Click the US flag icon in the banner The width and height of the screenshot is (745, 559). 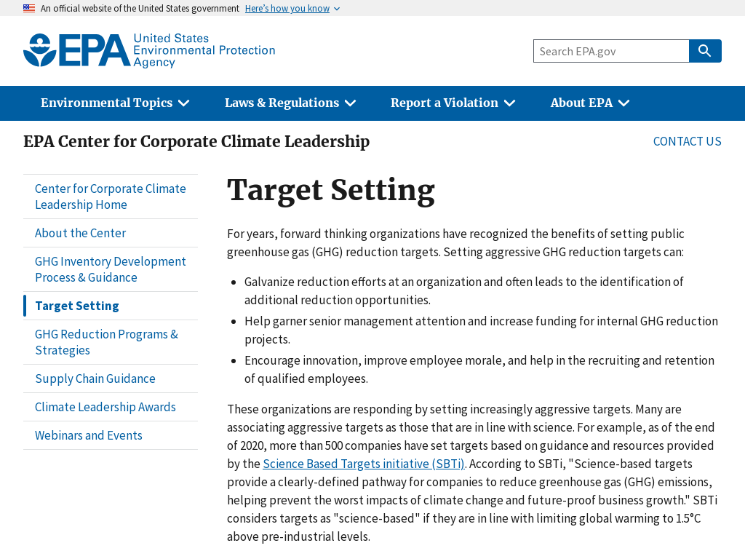tap(29, 9)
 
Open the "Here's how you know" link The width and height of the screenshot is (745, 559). tap(287, 9)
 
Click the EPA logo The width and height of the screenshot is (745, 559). tap(149, 50)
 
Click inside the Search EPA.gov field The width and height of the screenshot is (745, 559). tap(611, 51)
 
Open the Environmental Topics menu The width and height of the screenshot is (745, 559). tap(115, 103)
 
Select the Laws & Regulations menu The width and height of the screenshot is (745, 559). tap(290, 103)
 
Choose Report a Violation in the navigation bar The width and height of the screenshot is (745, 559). tap(453, 103)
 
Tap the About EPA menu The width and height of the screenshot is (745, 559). tap(589, 103)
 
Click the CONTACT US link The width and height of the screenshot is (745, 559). tap(687, 141)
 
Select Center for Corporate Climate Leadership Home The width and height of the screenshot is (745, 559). tap(111, 197)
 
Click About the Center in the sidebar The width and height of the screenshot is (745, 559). tap(80, 233)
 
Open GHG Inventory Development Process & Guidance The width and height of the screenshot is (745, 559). tap(111, 269)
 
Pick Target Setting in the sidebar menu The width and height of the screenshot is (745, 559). tap(77, 306)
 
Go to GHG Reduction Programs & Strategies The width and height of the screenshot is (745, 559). tap(106, 342)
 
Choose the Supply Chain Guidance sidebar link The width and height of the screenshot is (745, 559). tap(95, 378)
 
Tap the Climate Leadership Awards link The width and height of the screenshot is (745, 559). tap(105, 407)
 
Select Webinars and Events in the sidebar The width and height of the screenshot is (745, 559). tap(89, 435)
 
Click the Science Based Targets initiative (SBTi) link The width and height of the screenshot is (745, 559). tap(364, 464)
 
